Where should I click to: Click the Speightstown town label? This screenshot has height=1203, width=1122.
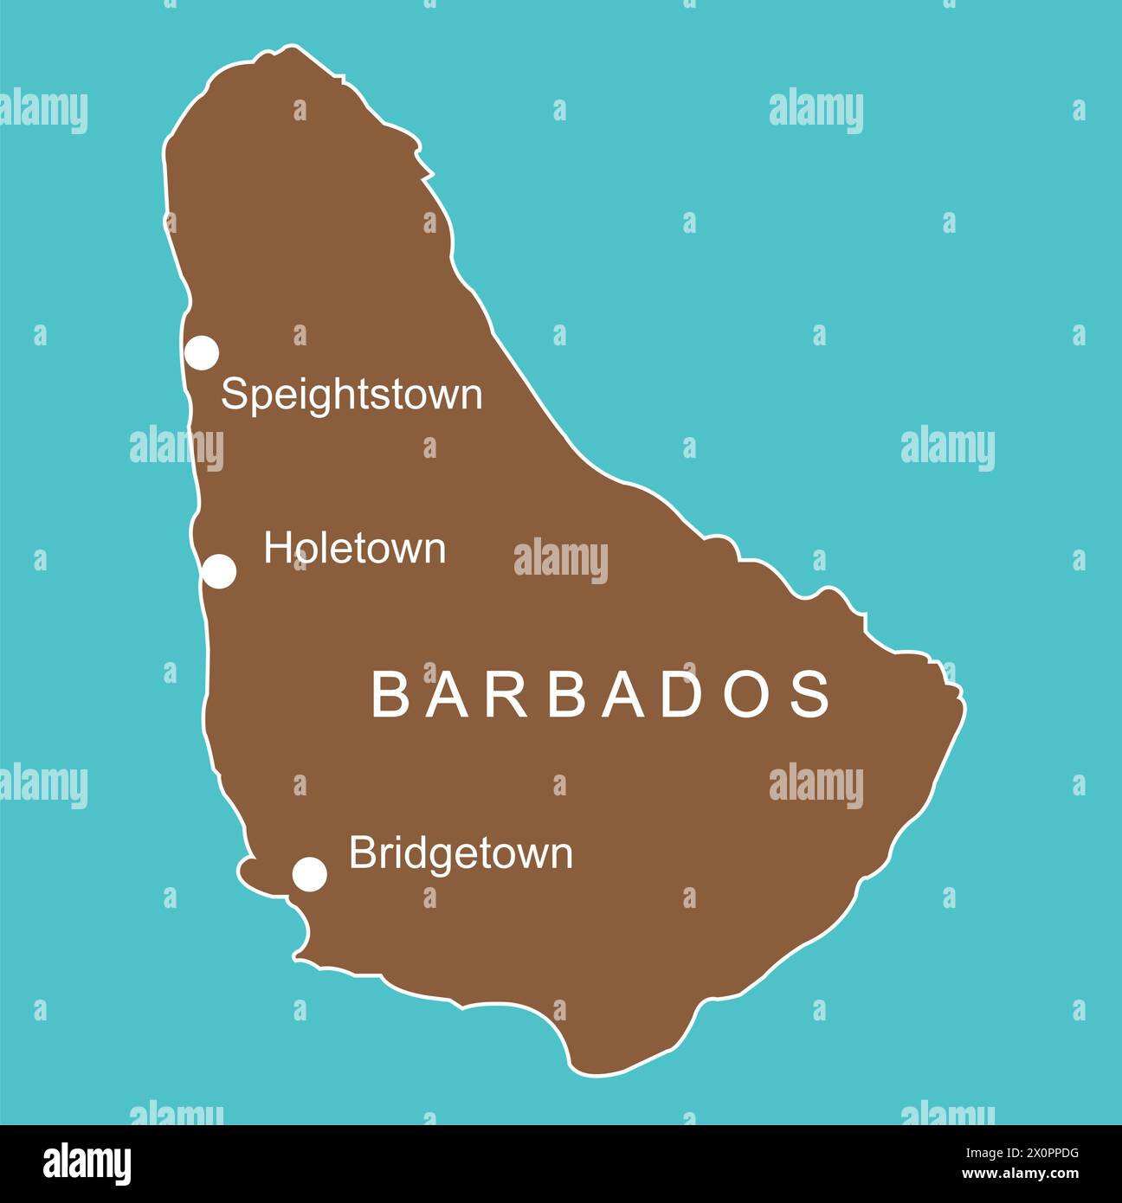351,396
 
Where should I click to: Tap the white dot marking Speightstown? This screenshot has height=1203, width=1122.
202,353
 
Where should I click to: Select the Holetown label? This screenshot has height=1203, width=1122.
355,549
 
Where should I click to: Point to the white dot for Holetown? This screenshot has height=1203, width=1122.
219,572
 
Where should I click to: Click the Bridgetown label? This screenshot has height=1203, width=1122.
461,854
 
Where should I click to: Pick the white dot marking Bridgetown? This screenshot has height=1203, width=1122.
310,874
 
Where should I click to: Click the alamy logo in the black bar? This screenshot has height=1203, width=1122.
87,1164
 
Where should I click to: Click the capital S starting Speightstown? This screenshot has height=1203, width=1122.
234,395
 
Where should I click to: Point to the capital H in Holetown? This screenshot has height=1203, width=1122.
276,549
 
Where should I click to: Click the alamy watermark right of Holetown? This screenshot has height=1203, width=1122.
561,560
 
